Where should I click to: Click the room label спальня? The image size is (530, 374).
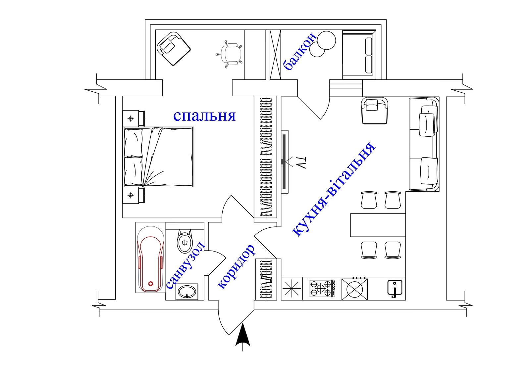[204, 116]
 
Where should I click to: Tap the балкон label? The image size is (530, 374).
[300, 52]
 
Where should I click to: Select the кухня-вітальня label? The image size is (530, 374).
[334, 189]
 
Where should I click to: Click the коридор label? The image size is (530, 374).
[237, 267]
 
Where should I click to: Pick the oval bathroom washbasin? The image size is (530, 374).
[187, 292]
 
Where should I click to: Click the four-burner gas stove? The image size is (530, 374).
[322, 288]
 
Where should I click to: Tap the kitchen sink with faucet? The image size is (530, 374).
[395, 288]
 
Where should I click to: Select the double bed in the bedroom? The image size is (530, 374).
[159, 157]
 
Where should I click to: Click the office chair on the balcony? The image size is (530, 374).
[229, 54]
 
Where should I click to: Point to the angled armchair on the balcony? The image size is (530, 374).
[174, 49]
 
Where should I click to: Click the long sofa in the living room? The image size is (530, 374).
[424, 144]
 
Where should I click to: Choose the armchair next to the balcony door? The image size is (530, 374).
[375, 111]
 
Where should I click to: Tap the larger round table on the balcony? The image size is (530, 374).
[326, 40]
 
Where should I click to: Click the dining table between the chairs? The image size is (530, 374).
[378, 225]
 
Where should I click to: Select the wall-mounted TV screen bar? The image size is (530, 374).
[284, 162]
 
